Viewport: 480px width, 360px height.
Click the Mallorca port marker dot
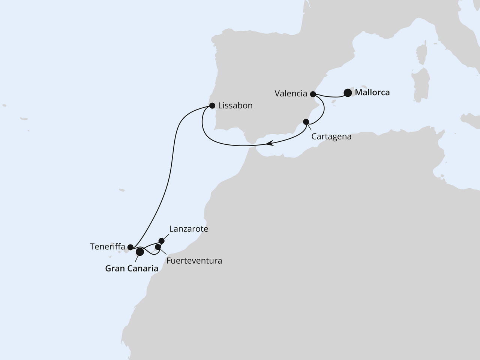[348, 92]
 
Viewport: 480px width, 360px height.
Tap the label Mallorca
[372, 92]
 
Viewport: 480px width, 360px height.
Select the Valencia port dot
[313, 94]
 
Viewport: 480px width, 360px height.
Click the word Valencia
[291, 94]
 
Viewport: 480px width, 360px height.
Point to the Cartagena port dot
[306, 121]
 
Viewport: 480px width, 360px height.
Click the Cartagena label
[331, 136]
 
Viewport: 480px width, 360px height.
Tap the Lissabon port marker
[212, 105]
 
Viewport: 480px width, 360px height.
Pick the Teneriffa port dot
[130, 247]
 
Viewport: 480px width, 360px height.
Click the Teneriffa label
[107, 247]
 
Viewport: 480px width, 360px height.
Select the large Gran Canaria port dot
[139, 252]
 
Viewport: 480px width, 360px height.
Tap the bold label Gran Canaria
[131, 268]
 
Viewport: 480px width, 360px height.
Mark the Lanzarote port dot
[162, 241]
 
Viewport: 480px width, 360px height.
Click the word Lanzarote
[188, 229]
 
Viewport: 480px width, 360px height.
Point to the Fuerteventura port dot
[158, 247]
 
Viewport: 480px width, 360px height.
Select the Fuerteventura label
[194, 260]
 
